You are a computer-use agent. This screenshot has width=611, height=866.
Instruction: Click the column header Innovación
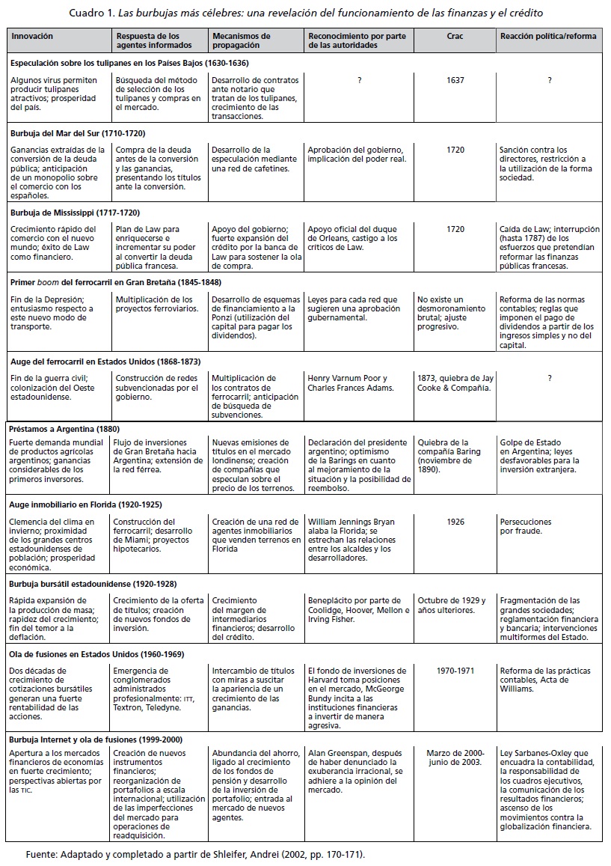pos(32,36)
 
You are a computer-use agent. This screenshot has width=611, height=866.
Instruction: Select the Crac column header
pos(455,36)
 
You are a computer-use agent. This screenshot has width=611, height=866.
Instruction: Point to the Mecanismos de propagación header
pos(242,40)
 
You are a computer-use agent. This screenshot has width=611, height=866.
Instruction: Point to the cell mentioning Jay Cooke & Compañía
pos(454,382)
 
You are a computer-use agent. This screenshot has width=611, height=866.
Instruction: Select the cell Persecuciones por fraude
pos(526,527)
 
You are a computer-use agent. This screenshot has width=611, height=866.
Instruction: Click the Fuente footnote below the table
pos(195,853)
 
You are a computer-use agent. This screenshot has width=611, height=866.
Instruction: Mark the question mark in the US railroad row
pos(549,378)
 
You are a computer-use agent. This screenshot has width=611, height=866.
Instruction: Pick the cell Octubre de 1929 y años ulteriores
pos(452,605)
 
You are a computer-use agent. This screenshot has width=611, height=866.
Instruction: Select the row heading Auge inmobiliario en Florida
pos(85,504)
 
